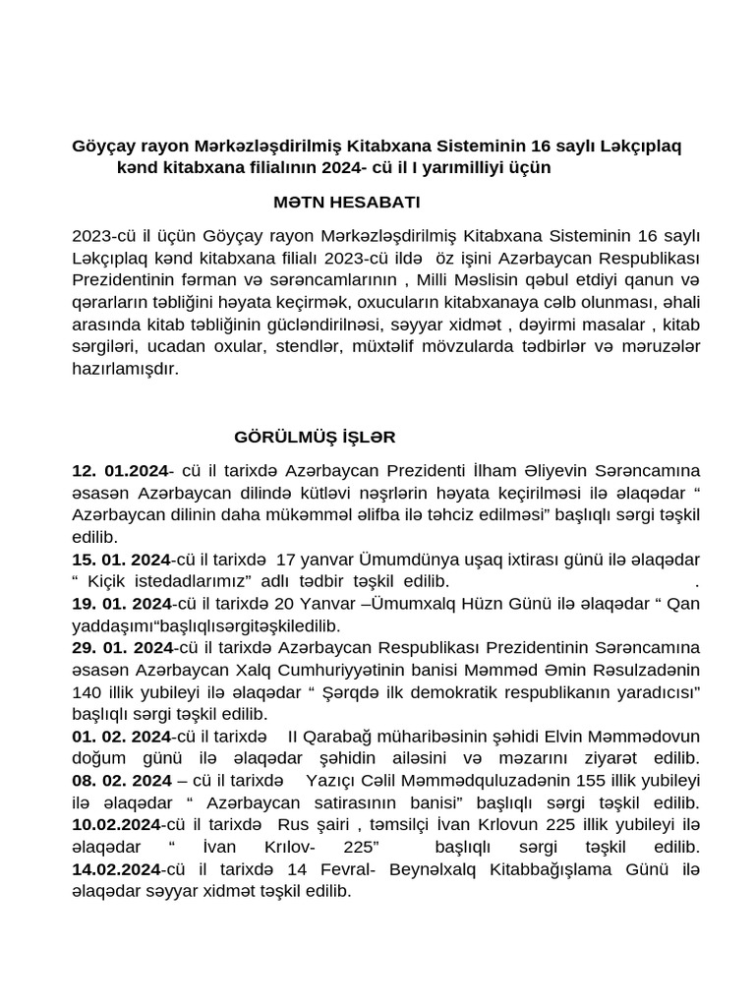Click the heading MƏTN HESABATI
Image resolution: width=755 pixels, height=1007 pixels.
(347, 203)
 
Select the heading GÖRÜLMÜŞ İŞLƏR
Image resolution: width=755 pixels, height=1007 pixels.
(315, 436)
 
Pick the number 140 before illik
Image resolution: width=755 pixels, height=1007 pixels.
(86, 691)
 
